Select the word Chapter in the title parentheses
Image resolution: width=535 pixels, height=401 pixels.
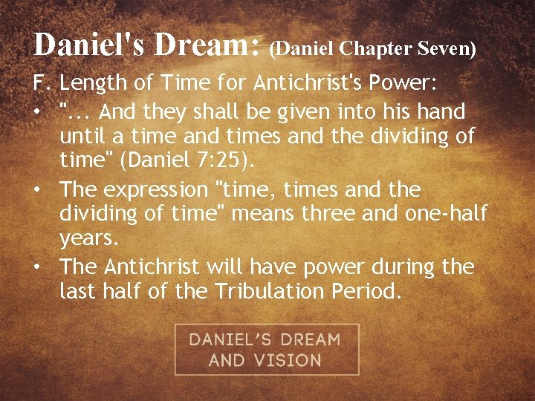pyautogui.click(x=372, y=48)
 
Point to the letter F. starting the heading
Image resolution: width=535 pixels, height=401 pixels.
pyautogui.click(x=41, y=85)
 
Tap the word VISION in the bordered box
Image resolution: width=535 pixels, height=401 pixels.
pyautogui.click(x=285, y=361)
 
